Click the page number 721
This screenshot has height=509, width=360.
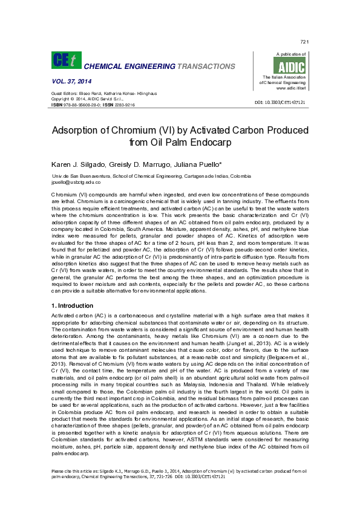(x=304, y=42)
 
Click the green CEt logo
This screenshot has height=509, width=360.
(x=65, y=60)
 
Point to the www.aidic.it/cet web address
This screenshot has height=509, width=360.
(x=289, y=88)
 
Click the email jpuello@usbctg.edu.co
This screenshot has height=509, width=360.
(x=76, y=181)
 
